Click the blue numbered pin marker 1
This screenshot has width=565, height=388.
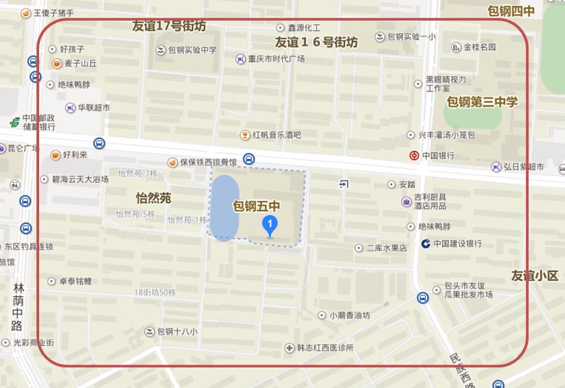[x=271, y=224]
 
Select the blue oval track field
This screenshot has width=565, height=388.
[x=224, y=208]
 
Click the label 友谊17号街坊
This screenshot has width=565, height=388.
[x=169, y=27]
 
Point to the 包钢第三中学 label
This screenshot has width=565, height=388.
[x=482, y=102]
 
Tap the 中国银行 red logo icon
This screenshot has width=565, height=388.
[x=414, y=156]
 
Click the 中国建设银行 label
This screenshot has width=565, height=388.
[x=457, y=243]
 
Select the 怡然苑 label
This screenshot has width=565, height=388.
[x=153, y=198]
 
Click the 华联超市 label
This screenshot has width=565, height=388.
[x=93, y=108]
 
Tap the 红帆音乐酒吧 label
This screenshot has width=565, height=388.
[x=277, y=135]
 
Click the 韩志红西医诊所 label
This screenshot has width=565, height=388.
[x=325, y=348]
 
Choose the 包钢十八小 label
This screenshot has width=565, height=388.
[x=177, y=332]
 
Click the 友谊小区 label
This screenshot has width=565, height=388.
[x=535, y=276]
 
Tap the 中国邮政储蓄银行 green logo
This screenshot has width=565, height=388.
[x=14, y=122]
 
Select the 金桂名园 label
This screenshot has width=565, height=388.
[x=479, y=47]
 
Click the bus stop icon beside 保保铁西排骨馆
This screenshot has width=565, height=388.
[x=249, y=159]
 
